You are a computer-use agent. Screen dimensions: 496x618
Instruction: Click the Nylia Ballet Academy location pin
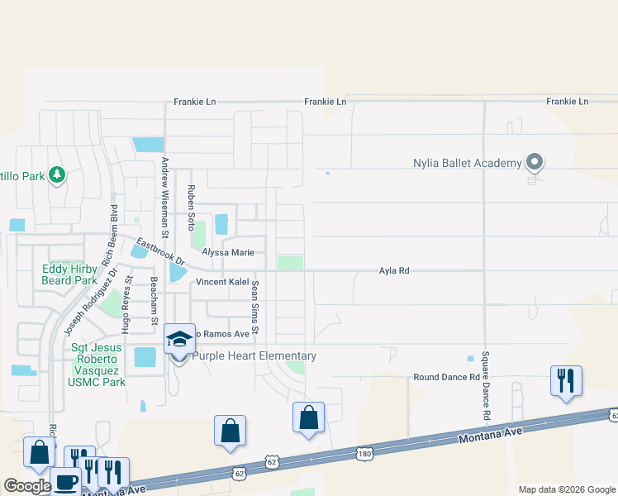coord(534,162)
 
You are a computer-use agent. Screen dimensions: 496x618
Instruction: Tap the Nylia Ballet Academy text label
coord(468,163)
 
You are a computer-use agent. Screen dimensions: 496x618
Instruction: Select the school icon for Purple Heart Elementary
coord(179,339)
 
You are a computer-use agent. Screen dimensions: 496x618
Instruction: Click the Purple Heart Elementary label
coord(254,356)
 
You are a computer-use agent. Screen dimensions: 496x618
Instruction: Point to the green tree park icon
coord(56,174)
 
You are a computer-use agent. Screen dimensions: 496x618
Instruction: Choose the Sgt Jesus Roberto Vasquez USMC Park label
coord(97,365)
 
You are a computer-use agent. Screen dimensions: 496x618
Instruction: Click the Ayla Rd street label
coord(394,270)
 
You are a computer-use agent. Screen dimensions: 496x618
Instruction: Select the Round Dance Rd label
coord(446,378)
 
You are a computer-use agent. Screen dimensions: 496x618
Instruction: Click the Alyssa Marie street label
coord(228,253)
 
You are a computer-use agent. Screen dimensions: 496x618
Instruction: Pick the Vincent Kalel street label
coord(222,282)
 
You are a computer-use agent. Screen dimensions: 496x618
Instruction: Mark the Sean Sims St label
coord(255,308)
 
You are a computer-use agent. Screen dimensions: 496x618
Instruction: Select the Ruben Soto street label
coord(191,207)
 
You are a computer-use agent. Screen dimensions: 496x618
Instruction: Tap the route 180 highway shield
coord(364,453)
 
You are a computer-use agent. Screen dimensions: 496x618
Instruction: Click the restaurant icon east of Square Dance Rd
coord(566,380)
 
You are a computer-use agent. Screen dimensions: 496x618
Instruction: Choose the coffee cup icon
coord(65,481)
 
